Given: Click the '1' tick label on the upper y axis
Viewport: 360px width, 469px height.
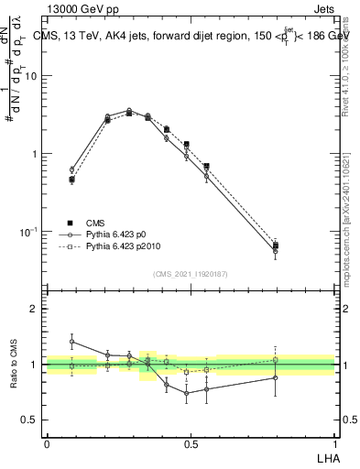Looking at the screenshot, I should [34, 154].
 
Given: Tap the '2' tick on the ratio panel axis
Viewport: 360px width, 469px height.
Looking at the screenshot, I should [34, 309].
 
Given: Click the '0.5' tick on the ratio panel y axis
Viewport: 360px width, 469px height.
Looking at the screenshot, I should [29, 420].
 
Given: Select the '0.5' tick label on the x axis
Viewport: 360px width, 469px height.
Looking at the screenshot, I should [191, 443].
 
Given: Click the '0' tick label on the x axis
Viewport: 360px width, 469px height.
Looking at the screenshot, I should [47, 443].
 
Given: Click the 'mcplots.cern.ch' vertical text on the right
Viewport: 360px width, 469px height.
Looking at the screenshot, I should [345, 247].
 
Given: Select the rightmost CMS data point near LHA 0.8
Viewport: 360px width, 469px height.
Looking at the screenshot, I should [276, 245].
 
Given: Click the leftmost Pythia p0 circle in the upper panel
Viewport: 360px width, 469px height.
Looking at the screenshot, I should [71, 169].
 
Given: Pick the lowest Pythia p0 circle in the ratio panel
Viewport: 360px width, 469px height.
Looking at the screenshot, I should [187, 394].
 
